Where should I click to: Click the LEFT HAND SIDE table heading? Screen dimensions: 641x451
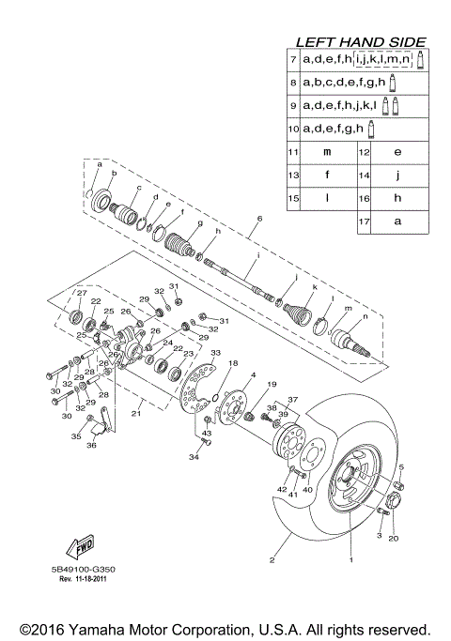[360, 42]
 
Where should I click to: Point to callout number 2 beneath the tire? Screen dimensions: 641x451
[272, 560]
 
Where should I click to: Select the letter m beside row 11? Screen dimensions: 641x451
[327, 151]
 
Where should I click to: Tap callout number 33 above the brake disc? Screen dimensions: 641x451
[215, 354]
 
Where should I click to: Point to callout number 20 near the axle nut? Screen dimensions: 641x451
[394, 538]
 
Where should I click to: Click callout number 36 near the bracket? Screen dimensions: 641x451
[91, 446]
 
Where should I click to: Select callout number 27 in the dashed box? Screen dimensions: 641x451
[82, 294]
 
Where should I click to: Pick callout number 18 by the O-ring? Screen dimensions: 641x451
[234, 363]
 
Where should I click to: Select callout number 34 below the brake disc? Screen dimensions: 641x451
[193, 457]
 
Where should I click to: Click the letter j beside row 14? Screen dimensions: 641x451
[397, 175]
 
